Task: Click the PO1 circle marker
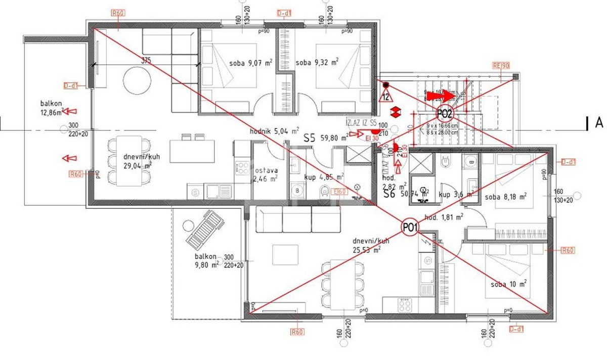pos(410,228)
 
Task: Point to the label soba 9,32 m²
pos(317,63)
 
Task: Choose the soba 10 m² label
pos(509,284)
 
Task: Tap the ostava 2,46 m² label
pos(266,174)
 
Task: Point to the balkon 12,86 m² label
pos(53,108)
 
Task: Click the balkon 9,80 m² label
pos(207,260)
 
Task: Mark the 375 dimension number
pos(146,60)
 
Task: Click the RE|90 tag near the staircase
pos(501,65)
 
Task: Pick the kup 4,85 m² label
pos(324,177)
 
